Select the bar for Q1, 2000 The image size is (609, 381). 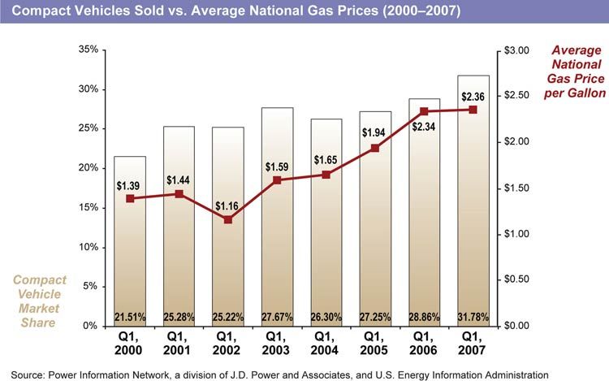pos(130,244)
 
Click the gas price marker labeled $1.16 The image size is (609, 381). pos(228,219)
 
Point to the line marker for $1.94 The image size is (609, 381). pos(375,148)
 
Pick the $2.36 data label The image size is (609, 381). pos(473,97)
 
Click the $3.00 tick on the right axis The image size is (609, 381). pos(516,50)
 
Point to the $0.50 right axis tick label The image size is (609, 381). pos(516,279)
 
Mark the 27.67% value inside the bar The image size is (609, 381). pos(277,315)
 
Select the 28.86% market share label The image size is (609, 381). pos(424,315)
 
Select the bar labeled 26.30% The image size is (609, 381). pos(326,244)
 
